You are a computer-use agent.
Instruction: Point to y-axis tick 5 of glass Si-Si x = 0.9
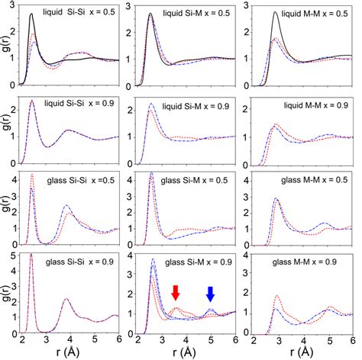18,255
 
